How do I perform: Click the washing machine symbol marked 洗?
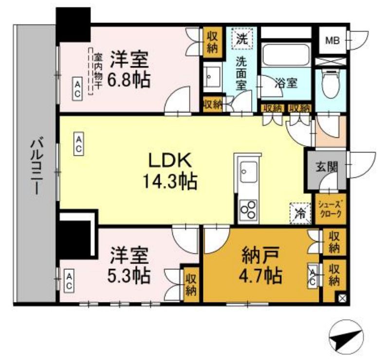(242, 38)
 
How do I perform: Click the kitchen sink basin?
(249, 172)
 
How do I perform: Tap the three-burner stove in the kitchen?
(249, 209)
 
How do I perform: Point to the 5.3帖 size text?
(129, 274)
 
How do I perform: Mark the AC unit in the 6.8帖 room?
(77, 89)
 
